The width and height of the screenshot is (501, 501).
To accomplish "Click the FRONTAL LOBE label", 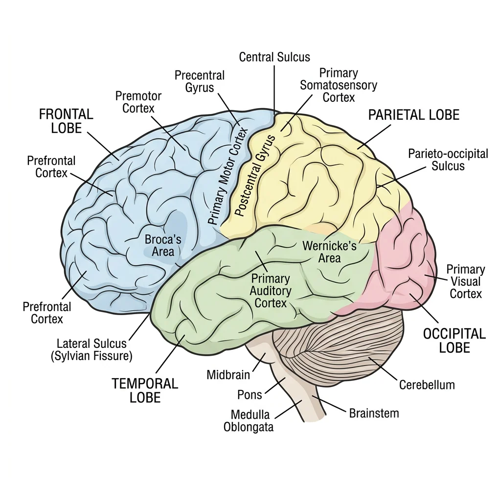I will (66, 121).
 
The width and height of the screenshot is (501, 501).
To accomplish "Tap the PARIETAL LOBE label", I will (413, 115).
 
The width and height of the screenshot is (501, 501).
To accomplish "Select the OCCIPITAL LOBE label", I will (454, 341).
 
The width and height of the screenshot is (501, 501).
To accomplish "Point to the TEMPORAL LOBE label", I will (145, 390).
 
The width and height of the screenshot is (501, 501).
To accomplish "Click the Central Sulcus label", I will (274, 57).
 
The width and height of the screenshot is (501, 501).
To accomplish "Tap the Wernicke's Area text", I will (329, 251).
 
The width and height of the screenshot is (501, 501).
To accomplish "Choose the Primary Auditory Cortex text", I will (271, 291).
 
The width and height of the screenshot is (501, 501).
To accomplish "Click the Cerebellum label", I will (427, 385).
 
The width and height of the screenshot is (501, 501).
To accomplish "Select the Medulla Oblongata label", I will (250, 421).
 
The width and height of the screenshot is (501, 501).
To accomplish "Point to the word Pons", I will (250, 394).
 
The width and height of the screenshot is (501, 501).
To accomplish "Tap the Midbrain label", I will (228, 375).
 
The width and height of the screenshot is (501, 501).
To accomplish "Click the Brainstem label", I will (374, 413).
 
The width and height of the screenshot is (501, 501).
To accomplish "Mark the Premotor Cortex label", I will (138, 101).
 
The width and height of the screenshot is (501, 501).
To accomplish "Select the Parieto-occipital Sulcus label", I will (448, 160).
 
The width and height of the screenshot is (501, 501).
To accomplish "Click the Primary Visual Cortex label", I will (465, 281).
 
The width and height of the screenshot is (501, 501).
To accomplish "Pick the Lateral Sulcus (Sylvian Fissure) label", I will (91, 350).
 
